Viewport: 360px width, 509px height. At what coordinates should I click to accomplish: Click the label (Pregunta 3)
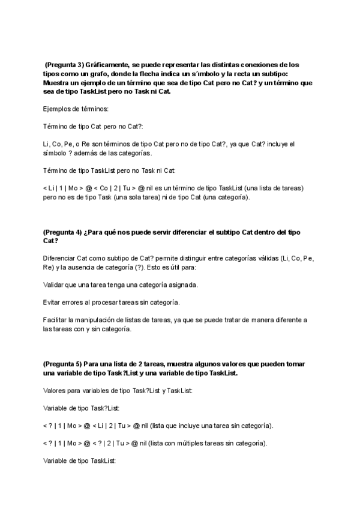(64, 64)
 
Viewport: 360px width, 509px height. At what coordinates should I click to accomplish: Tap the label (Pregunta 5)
(63, 364)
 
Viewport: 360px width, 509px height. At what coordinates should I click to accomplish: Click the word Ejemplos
(58, 109)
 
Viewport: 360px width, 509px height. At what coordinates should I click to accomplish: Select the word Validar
(54, 285)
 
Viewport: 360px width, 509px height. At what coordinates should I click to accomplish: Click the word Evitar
(53, 302)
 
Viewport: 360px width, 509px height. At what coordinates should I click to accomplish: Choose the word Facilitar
(56, 320)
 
